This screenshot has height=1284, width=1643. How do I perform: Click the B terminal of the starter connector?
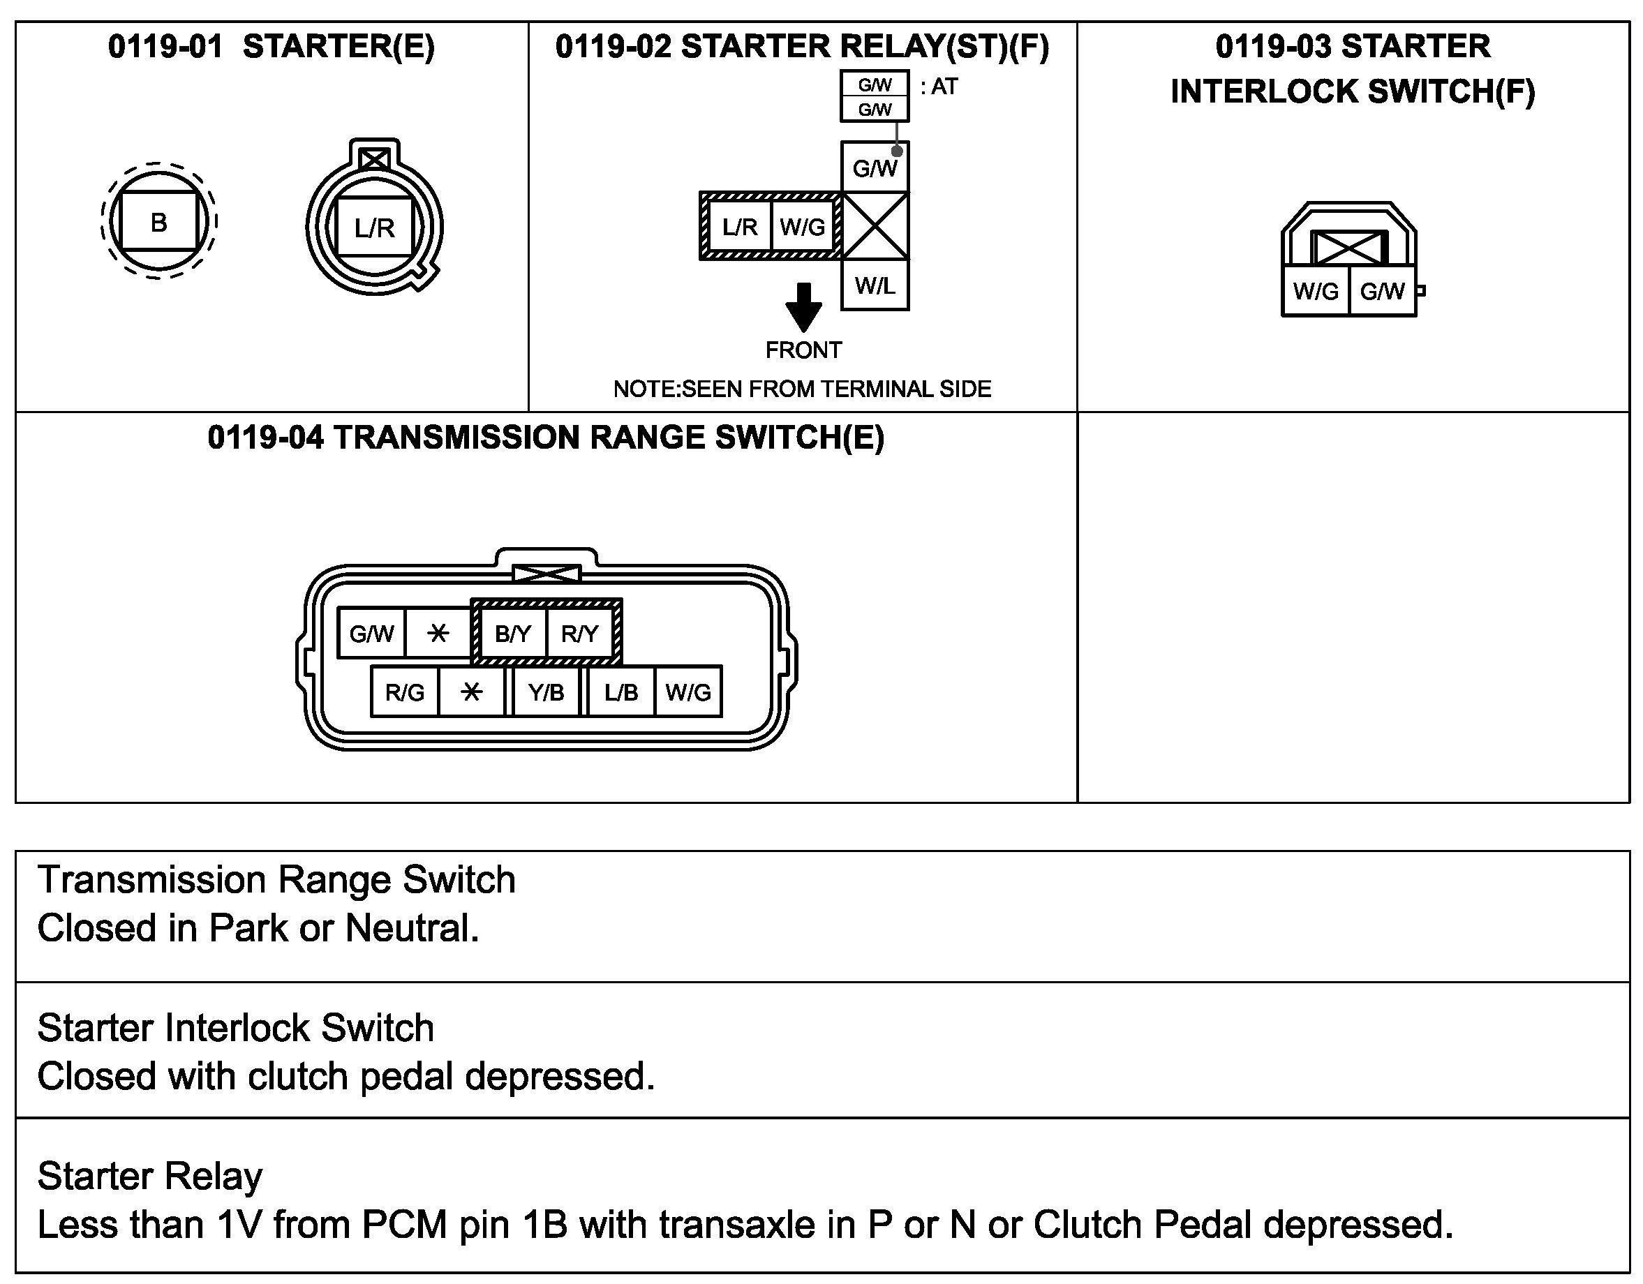(158, 222)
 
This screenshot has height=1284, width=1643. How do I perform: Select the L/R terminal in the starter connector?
(374, 227)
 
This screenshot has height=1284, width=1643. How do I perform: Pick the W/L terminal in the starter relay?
(875, 285)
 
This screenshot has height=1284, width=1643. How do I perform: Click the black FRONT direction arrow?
(803, 307)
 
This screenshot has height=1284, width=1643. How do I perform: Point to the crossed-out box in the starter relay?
(875, 225)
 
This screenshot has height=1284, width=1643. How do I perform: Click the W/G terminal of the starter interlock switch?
(1316, 291)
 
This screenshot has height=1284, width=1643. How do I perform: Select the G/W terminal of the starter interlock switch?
(1382, 291)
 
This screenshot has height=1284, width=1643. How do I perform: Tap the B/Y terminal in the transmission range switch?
(513, 634)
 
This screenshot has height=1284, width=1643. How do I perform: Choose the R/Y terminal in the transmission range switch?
(579, 634)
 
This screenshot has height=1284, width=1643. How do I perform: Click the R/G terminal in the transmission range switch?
(405, 692)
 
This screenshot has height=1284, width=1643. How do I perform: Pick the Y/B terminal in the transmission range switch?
(547, 692)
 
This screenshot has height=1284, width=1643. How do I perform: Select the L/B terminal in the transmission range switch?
(621, 692)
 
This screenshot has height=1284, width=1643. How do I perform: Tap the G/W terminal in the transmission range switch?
(371, 634)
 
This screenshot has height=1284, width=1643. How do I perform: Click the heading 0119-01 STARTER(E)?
(272, 47)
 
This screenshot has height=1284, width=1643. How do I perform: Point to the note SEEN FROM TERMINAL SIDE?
(802, 389)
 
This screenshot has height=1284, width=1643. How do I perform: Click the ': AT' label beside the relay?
(939, 87)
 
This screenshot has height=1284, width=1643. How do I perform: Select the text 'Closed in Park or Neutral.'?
(258, 927)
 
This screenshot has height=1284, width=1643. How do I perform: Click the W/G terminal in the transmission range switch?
(687, 692)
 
